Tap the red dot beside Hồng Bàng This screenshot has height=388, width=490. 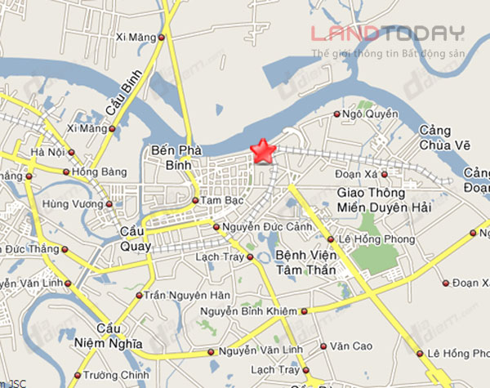[65, 172]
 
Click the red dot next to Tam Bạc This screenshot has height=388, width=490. [195, 200]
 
